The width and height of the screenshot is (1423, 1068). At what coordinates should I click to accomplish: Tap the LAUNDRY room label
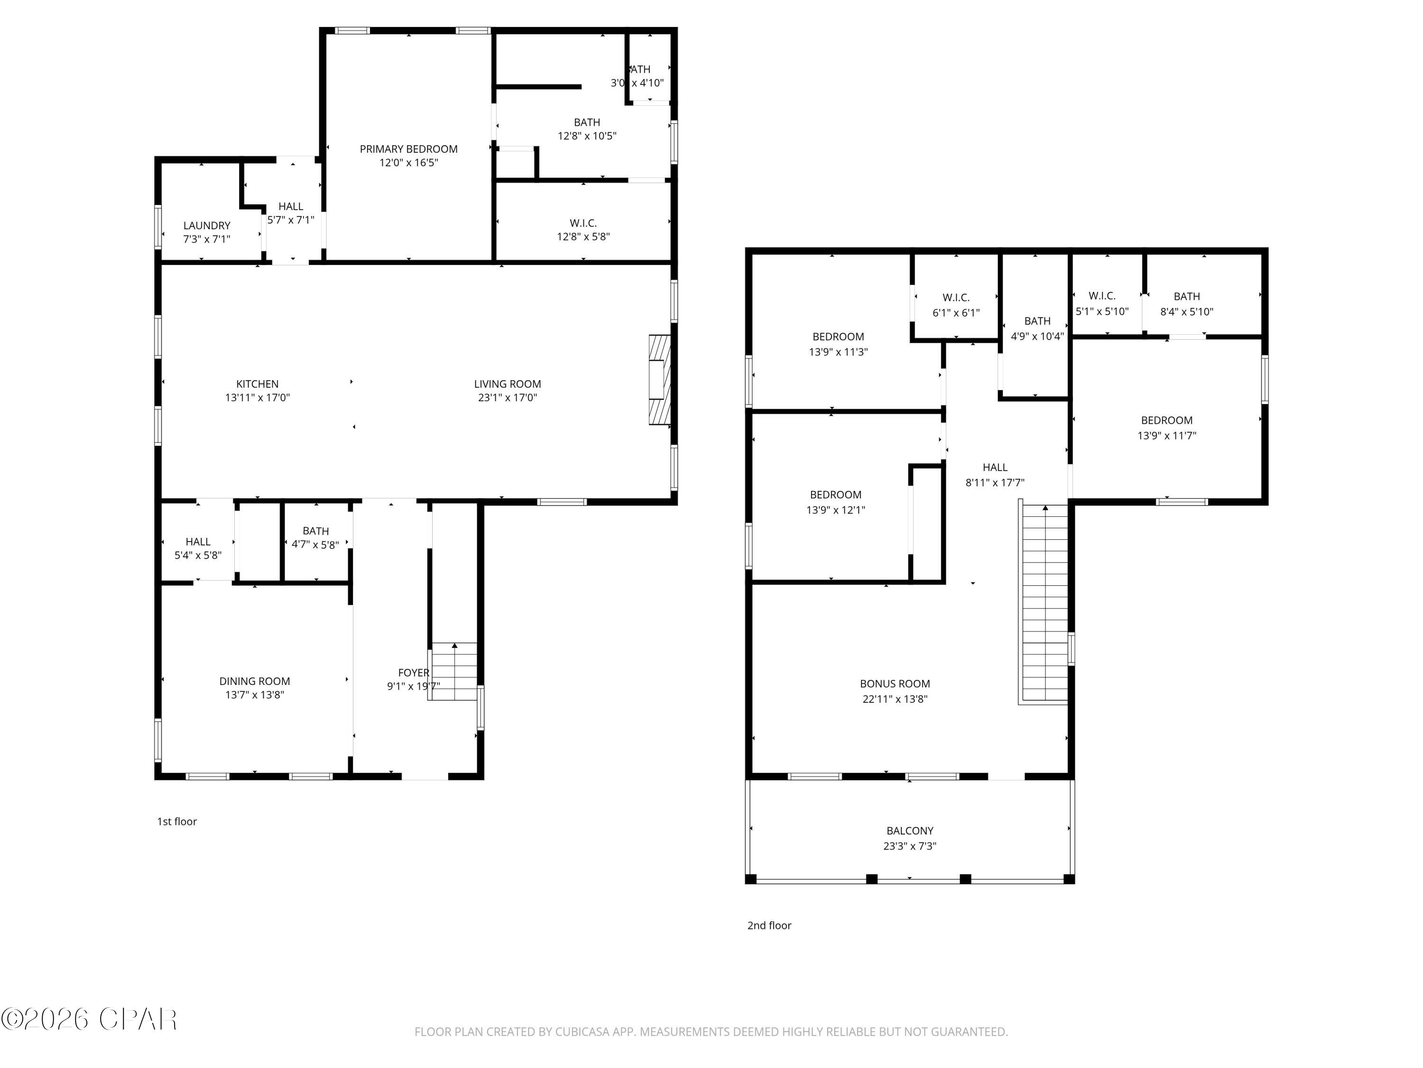(x=206, y=225)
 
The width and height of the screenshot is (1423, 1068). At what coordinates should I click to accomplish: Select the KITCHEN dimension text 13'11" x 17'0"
(x=257, y=398)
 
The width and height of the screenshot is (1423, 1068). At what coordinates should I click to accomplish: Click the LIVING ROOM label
(x=508, y=384)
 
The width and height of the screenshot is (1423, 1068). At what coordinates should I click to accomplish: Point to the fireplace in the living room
(x=659, y=380)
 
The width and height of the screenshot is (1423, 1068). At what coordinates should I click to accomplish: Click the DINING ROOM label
(x=255, y=681)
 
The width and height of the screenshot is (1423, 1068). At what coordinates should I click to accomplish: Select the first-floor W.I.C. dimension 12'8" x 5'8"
(x=583, y=237)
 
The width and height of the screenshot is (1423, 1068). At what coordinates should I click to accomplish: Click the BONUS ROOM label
(x=895, y=684)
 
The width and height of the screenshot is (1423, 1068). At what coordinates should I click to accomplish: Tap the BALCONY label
(x=910, y=831)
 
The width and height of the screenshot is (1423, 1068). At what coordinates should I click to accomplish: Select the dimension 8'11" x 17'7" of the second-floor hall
(x=995, y=483)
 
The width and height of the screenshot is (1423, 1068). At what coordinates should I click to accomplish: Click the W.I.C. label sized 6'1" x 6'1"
(x=956, y=298)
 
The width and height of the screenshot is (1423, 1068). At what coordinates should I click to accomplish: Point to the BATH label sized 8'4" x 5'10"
(x=1186, y=297)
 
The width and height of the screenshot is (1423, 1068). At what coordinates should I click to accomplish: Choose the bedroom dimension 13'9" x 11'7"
(x=1166, y=436)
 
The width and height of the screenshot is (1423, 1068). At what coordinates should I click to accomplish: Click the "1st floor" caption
(x=177, y=822)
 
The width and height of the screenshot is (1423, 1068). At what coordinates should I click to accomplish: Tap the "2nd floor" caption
(x=769, y=925)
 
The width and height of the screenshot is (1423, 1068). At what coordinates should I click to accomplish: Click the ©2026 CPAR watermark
(x=90, y=1019)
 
